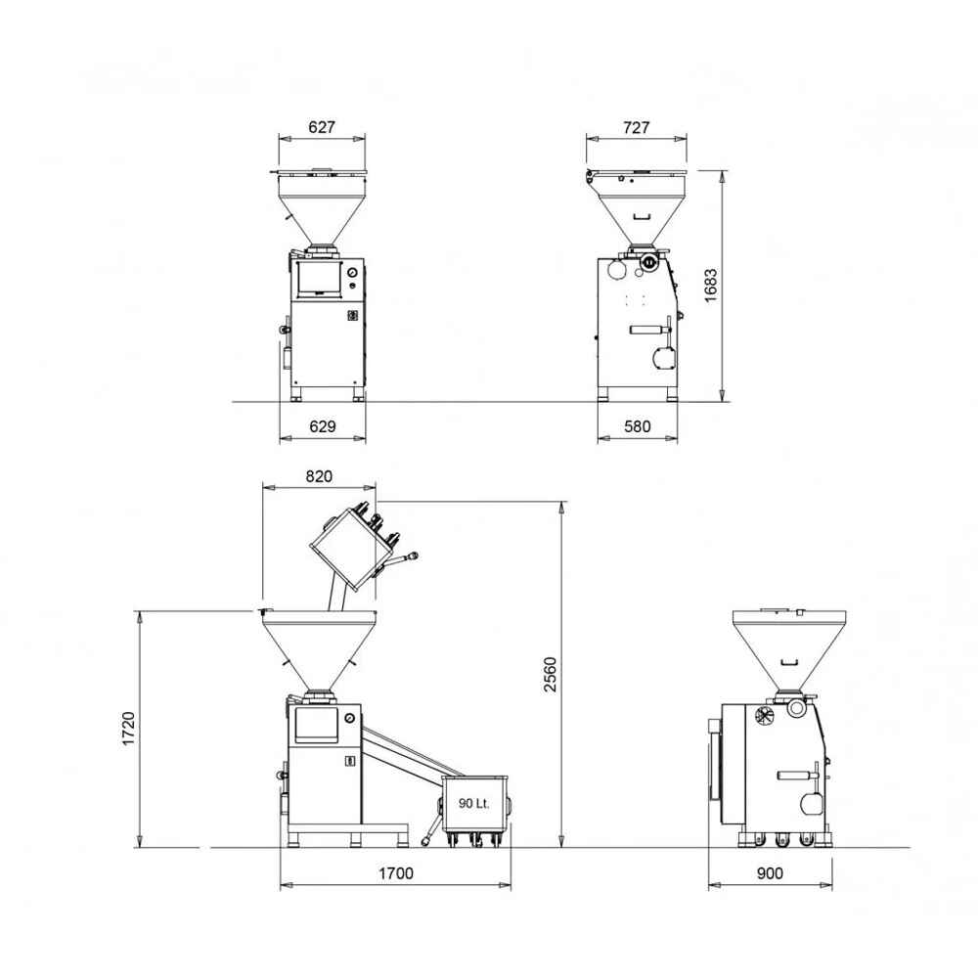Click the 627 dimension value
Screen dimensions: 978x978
click(x=322, y=127)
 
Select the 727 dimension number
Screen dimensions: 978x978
click(x=637, y=127)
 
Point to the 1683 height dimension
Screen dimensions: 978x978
click(x=710, y=286)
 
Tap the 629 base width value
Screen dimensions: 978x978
click(x=323, y=426)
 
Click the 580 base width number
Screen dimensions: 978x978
click(x=638, y=426)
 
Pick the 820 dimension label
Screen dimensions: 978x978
click(x=319, y=476)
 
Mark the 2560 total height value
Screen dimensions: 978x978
click(x=550, y=674)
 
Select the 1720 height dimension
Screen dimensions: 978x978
click(x=128, y=729)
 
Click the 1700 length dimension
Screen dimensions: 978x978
click(x=396, y=873)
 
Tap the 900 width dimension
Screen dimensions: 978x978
click(x=770, y=873)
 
